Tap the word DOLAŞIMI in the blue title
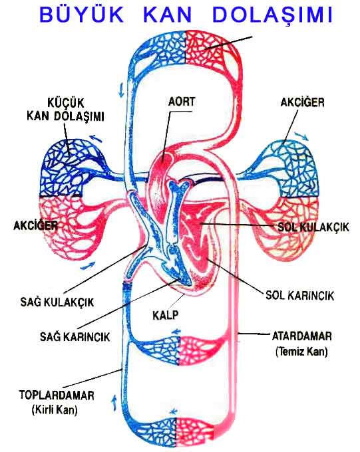point(273,15)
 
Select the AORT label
point(182,102)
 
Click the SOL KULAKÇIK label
point(313,227)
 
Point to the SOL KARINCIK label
point(299,295)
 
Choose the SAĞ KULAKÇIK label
point(57,302)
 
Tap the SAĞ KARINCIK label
point(75,336)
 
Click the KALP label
point(166,315)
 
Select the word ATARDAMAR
point(302,336)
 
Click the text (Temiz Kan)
point(301,352)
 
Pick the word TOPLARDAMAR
point(57,395)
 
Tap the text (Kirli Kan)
point(55,409)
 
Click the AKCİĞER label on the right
point(302,102)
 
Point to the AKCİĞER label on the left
point(35,225)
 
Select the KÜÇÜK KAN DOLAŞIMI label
point(65,110)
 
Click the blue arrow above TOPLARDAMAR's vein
point(114,402)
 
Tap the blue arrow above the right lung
point(301,136)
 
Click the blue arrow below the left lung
point(87,266)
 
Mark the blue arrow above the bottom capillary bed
point(174,411)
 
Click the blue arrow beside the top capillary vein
point(121,90)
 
